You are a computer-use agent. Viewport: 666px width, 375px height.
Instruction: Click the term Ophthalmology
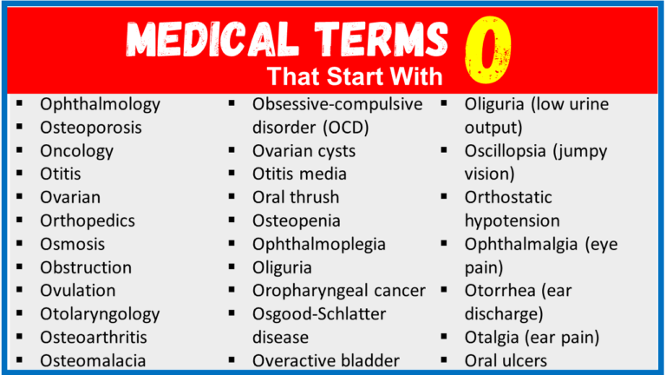point(100,104)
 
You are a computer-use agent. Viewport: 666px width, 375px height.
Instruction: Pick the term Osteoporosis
point(91,128)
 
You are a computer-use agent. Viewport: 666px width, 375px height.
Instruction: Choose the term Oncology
point(76,151)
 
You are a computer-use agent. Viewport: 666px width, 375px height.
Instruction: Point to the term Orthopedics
point(88,220)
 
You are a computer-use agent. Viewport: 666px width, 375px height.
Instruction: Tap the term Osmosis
point(73,244)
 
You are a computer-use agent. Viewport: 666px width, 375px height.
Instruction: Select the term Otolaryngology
point(100,313)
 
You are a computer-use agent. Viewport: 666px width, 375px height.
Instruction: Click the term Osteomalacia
point(93,359)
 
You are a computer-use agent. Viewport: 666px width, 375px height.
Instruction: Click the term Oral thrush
point(296,197)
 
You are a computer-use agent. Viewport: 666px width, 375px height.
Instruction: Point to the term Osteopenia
point(297,220)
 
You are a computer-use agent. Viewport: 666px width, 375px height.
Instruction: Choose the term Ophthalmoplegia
point(319,244)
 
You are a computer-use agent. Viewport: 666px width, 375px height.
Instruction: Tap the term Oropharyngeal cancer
point(339,290)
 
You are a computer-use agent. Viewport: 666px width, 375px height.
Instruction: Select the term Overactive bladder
point(326,359)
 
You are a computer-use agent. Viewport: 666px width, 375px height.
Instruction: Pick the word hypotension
point(513,220)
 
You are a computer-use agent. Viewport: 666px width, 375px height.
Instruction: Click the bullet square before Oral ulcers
point(445,359)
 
